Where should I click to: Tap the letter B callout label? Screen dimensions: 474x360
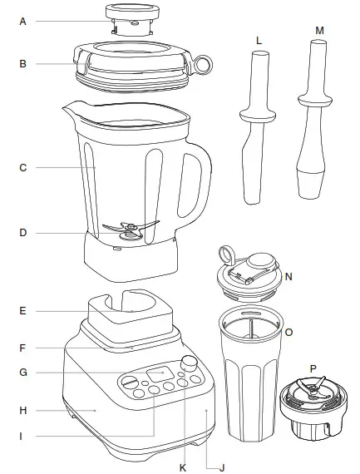[23, 62]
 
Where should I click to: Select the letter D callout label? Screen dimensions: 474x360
[23, 233]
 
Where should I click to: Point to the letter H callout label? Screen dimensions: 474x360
[23, 410]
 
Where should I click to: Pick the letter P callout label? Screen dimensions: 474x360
[313, 368]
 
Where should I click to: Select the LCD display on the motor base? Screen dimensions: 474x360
[158, 373]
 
